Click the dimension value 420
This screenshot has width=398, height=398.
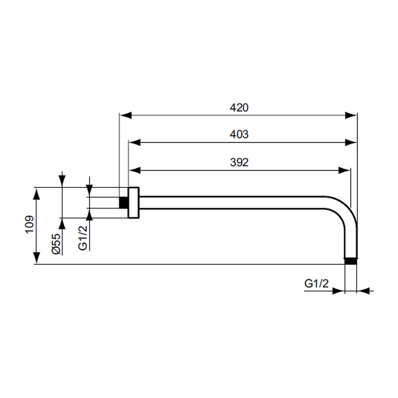pyautogui.click(x=239, y=108)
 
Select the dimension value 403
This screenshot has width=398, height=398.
pyautogui.click(x=239, y=134)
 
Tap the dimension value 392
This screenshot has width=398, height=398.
pyautogui.click(x=239, y=162)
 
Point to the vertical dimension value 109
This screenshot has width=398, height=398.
pyautogui.click(x=30, y=224)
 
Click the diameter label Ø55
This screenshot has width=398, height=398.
pyautogui.click(x=56, y=244)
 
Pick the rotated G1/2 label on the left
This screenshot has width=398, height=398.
pyautogui.click(x=83, y=238)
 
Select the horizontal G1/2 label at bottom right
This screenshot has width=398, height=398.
pyautogui.click(x=316, y=283)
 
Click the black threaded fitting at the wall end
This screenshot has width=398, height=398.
pyautogui.click(x=123, y=202)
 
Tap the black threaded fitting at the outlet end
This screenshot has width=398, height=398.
pyautogui.click(x=351, y=261)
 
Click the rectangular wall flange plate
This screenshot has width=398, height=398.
pyautogui.click(x=134, y=202)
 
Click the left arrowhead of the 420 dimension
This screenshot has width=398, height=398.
pyautogui.click(x=126, y=115)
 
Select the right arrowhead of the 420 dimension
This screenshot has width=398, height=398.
pyautogui.click(x=351, y=115)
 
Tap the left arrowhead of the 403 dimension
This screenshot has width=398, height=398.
pyautogui.click(x=135, y=142)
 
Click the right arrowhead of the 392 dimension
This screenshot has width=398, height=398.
pyautogui.click(x=344, y=170)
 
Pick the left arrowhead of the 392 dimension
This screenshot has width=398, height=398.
pyautogui.click(x=135, y=170)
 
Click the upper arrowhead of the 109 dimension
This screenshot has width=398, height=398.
pyautogui.click(x=37, y=194)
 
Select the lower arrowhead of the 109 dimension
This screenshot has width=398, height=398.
pyautogui.click(x=37, y=258)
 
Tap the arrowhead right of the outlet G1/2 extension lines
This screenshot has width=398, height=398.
pyautogui.click(x=363, y=291)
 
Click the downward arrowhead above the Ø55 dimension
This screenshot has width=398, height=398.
pyautogui.click(x=62, y=181)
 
